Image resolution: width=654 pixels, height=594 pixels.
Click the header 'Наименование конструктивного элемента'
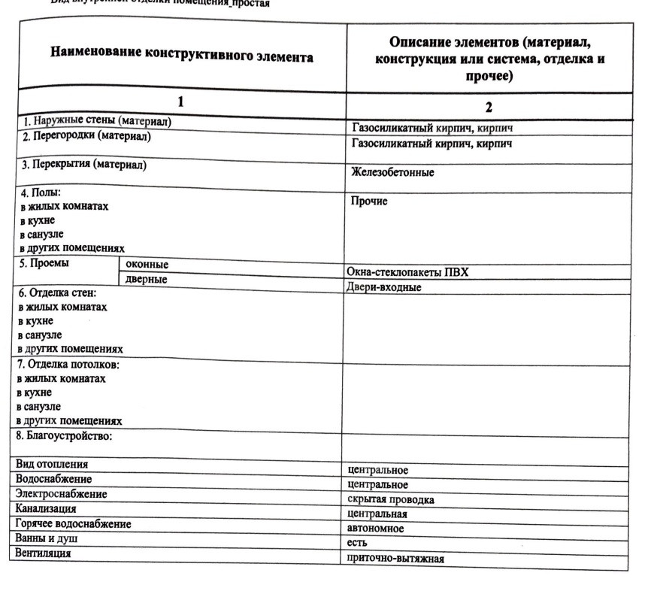click(182, 56)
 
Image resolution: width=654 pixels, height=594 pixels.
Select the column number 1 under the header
click(180, 102)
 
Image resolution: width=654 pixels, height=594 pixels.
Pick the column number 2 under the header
click(489, 106)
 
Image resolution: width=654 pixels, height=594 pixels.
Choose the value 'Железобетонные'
click(392, 172)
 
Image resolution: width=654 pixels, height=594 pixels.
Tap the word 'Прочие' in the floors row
click(369, 201)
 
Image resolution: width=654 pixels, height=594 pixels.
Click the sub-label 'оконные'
click(147, 265)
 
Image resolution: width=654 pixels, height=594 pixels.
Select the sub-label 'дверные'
click(147, 279)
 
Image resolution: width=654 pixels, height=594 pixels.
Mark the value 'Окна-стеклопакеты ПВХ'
click(407, 272)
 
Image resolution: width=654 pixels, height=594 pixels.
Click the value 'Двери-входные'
click(383, 286)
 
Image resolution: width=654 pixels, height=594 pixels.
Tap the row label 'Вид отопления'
click(51, 464)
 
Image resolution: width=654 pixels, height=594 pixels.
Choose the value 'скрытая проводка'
click(391, 499)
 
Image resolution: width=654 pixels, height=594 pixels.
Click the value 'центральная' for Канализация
click(377, 514)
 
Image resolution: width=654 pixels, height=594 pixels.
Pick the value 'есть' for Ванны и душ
click(357, 543)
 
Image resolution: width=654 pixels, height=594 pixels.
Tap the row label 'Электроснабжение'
click(61, 494)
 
